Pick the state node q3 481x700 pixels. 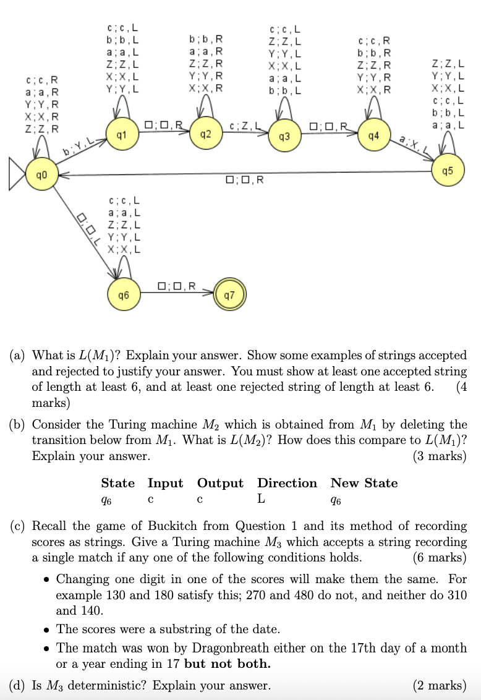click(284, 135)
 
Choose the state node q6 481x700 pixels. click(123, 296)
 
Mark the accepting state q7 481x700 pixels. click(229, 296)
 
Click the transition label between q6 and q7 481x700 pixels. click(177, 286)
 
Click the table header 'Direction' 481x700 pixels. click(287, 483)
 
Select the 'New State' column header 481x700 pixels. click(364, 483)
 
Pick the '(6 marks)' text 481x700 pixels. click(439, 557)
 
